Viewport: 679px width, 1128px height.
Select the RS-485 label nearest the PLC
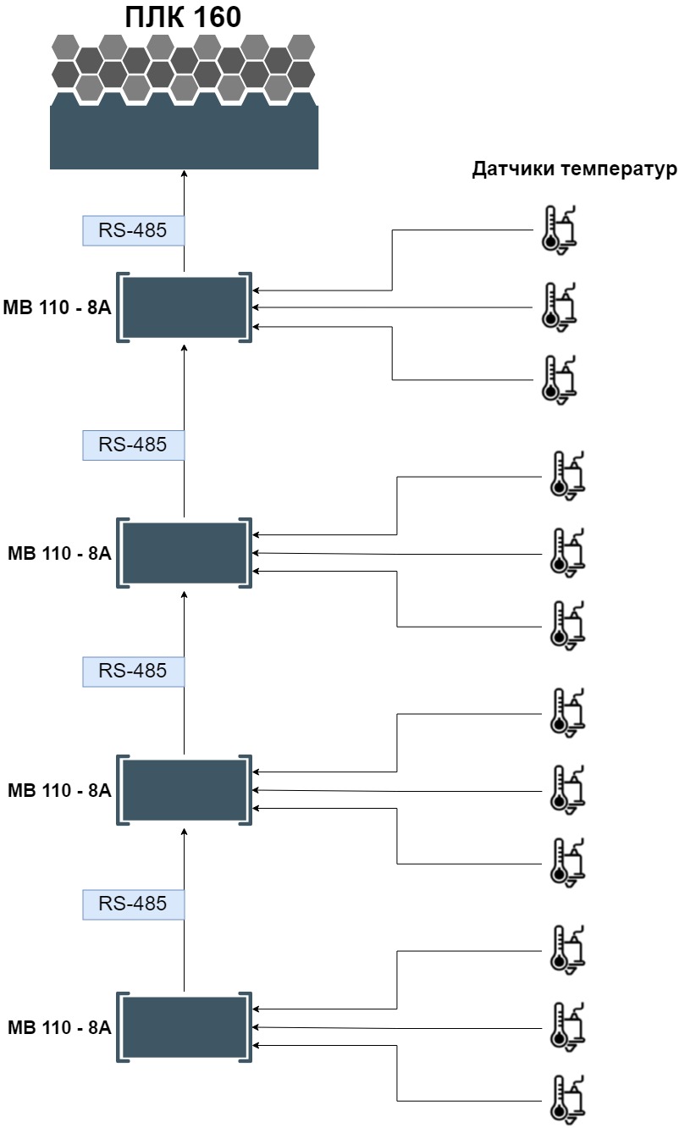click(x=133, y=230)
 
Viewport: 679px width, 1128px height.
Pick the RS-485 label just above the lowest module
click(x=133, y=904)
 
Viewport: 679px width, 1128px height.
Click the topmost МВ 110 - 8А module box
click(x=185, y=307)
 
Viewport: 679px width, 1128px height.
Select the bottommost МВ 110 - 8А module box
click(x=185, y=1027)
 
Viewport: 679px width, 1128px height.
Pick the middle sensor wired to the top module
click(x=560, y=306)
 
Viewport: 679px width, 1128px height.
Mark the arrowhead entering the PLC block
click(x=184, y=174)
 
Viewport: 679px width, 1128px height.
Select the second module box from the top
click(x=185, y=553)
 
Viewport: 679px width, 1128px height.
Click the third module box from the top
click(x=185, y=790)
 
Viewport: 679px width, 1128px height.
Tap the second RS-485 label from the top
click(x=133, y=445)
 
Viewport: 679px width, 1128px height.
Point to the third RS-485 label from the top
click(x=133, y=671)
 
